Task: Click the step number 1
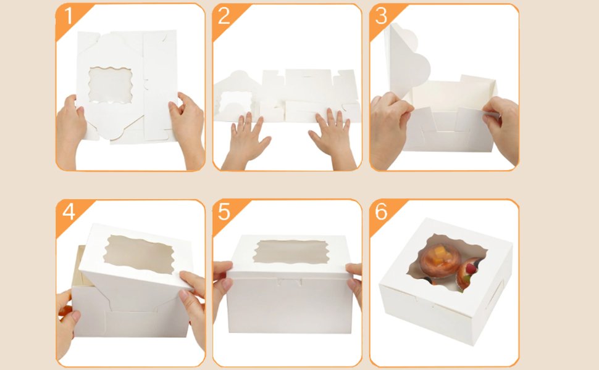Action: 68,17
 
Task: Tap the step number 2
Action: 224,17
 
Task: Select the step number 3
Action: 380,17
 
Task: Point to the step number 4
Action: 68,212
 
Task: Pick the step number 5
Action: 224,212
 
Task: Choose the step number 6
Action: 380,212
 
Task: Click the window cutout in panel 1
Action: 110,84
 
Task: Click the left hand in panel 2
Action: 247,141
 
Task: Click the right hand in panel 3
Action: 501,126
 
